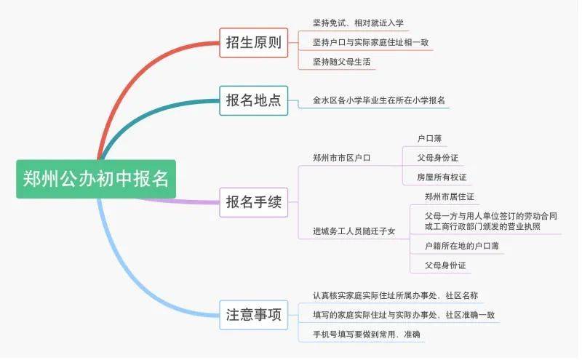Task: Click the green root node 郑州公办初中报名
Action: point(96,179)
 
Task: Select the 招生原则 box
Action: point(253,43)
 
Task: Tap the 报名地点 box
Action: point(253,100)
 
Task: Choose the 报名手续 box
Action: point(253,202)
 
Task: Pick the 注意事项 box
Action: point(253,315)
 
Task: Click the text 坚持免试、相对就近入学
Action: point(358,23)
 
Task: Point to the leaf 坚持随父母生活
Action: point(341,62)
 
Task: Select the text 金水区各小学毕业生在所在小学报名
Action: point(378,100)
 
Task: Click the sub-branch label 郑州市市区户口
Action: point(341,158)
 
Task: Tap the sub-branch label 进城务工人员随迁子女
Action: point(354,231)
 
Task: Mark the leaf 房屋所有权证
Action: point(442,177)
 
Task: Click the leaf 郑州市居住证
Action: point(449,196)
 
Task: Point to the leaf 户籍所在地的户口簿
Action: point(461,246)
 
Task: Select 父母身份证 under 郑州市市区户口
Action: point(437,158)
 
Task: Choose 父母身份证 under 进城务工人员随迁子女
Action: point(445,265)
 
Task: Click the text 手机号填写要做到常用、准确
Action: point(366,335)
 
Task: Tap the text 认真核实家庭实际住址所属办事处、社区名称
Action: point(395,295)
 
